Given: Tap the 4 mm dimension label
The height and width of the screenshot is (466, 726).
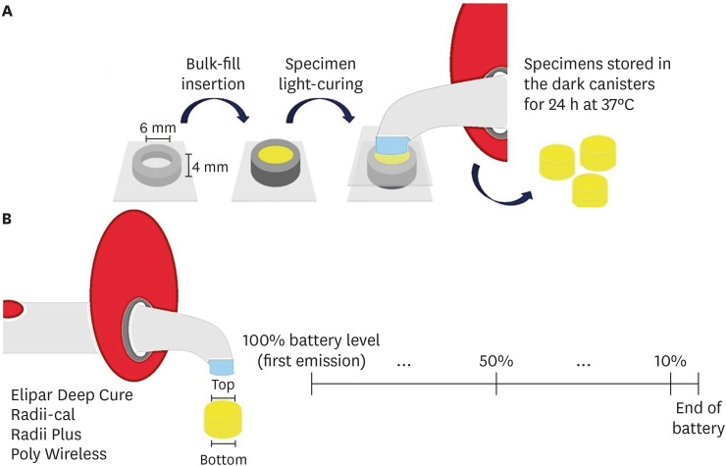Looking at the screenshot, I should point(208,167).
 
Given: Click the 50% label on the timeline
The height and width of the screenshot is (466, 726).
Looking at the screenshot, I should point(497,360).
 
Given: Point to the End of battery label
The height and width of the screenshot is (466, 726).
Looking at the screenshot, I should point(699,419).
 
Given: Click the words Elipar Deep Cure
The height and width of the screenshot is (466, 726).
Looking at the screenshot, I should point(72,396).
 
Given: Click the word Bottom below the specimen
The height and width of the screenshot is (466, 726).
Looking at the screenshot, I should point(223,457).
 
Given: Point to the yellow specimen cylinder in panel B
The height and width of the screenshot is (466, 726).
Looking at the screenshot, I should point(223,420).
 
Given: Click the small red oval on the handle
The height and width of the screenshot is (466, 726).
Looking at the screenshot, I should point(13,311).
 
